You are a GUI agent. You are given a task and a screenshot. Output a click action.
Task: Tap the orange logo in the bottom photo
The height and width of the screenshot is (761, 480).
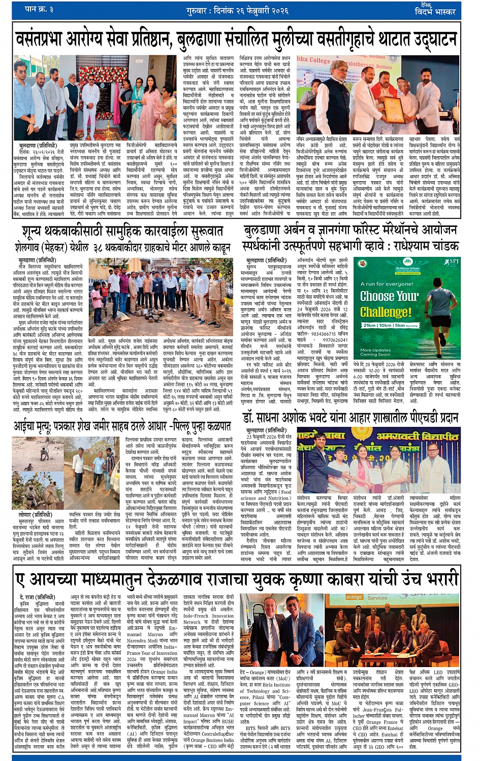tap(354, 598)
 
